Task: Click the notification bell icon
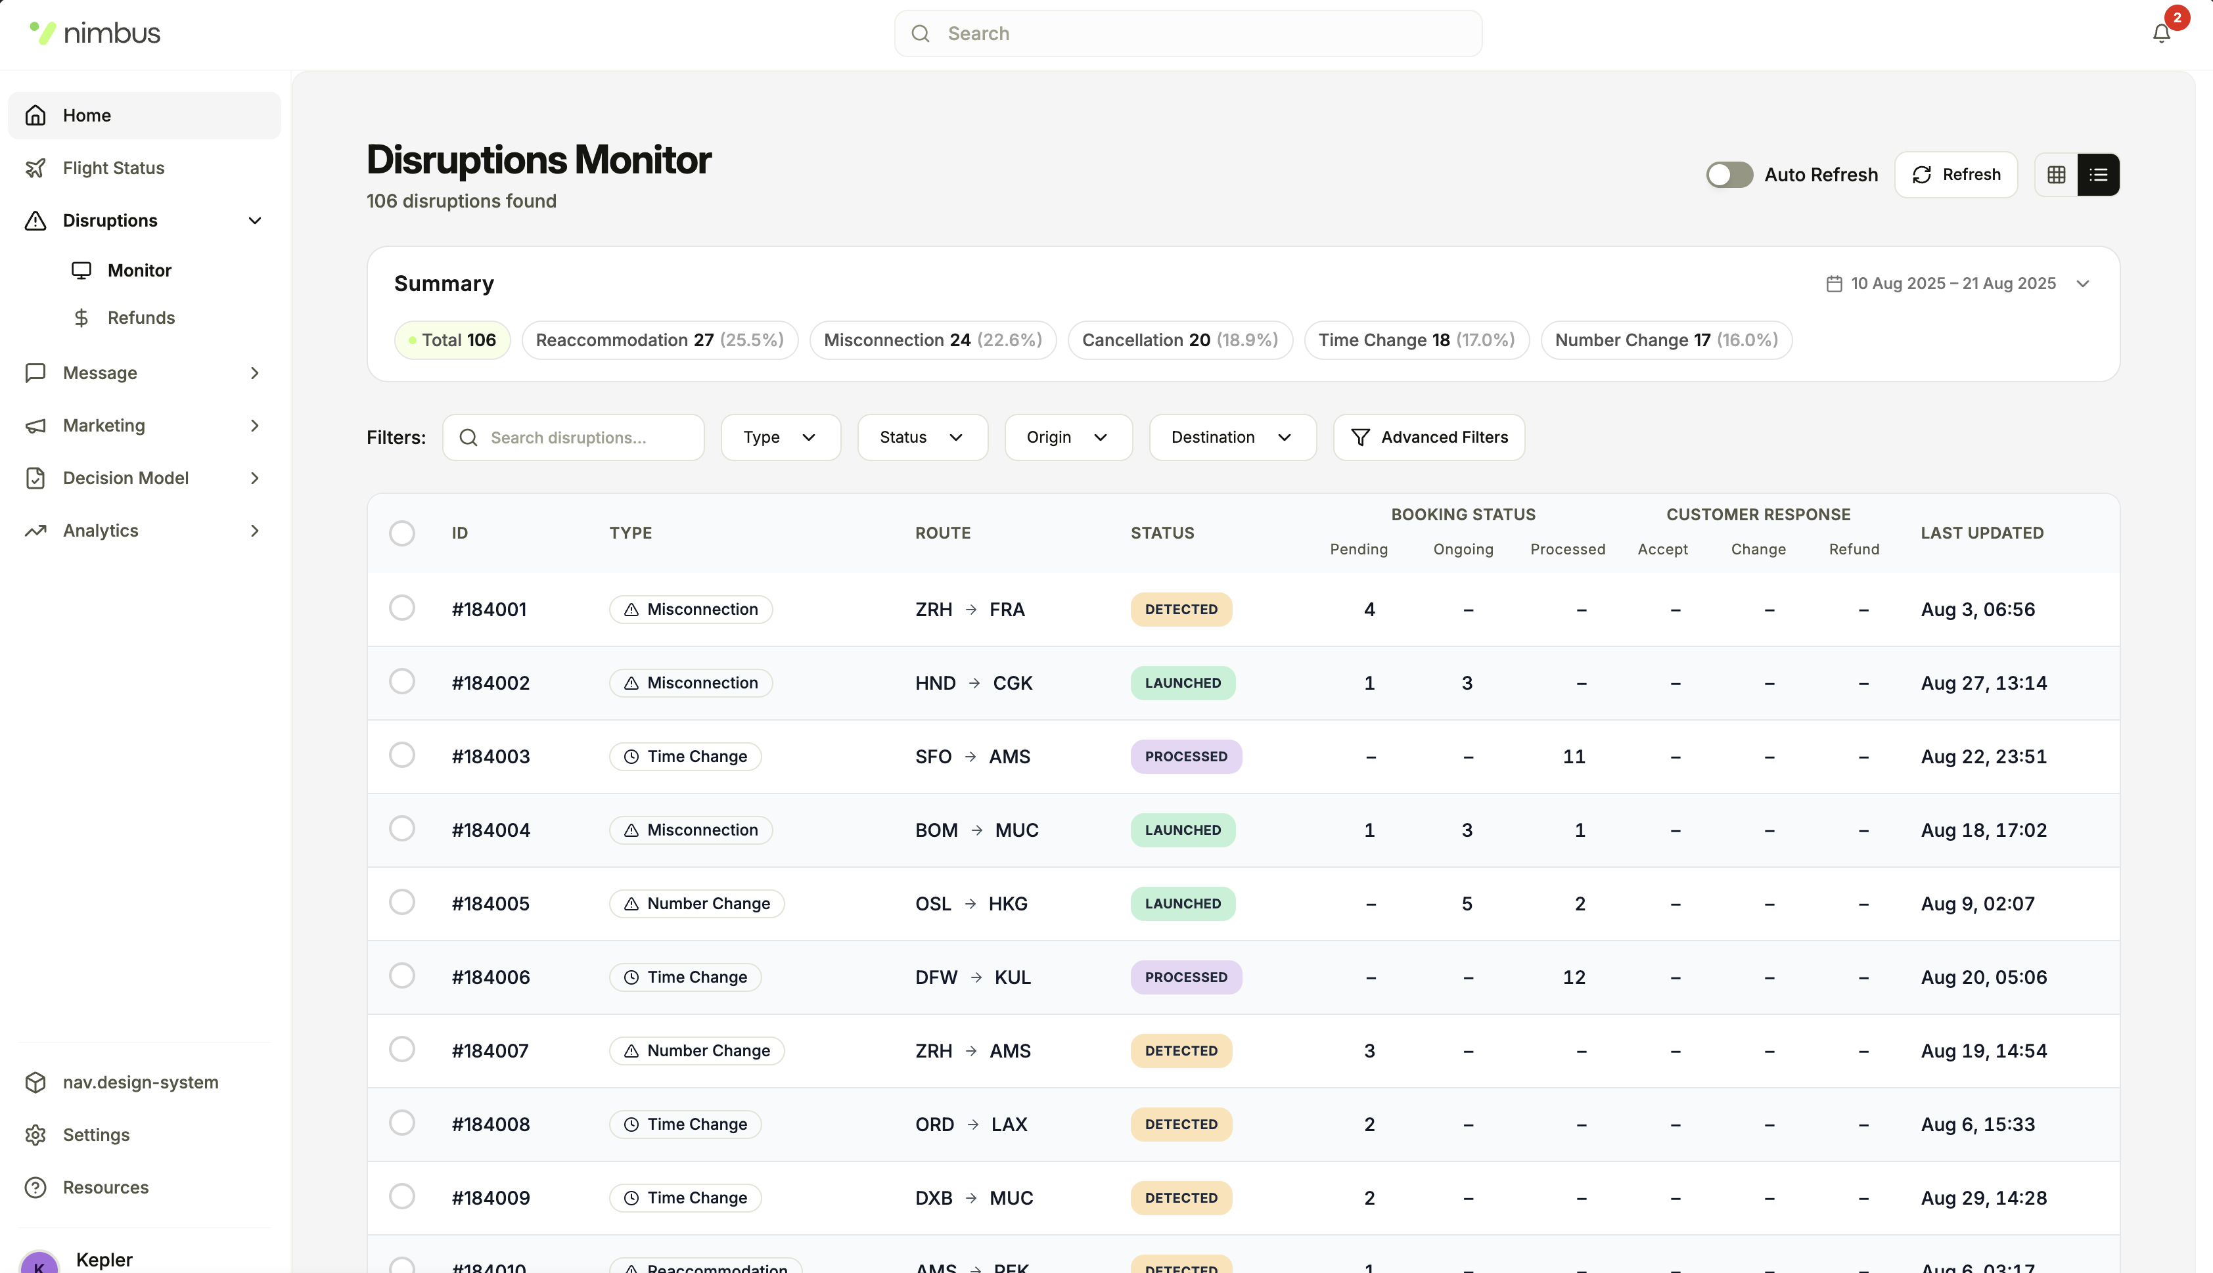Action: pyautogui.click(x=2160, y=33)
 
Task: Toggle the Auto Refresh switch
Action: pyautogui.click(x=1729, y=175)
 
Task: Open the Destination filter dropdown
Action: pyautogui.click(x=1231, y=437)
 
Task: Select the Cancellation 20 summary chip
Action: pyautogui.click(x=1179, y=340)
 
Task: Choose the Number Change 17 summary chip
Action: pyautogui.click(x=1666, y=340)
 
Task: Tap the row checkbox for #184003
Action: pyautogui.click(x=401, y=755)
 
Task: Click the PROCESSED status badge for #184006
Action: pyautogui.click(x=1185, y=977)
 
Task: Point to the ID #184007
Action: pyautogui.click(x=491, y=1050)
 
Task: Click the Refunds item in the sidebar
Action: pyautogui.click(x=141, y=317)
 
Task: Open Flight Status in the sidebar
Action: pyautogui.click(x=114, y=168)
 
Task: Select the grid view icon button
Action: pyautogui.click(x=2055, y=175)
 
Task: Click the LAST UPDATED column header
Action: pyautogui.click(x=1981, y=533)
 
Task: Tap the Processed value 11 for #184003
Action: pyautogui.click(x=1574, y=756)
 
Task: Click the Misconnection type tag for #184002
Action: pyautogui.click(x=690, y=683)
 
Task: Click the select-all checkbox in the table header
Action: pyautogui.click(x=401, y=533)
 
